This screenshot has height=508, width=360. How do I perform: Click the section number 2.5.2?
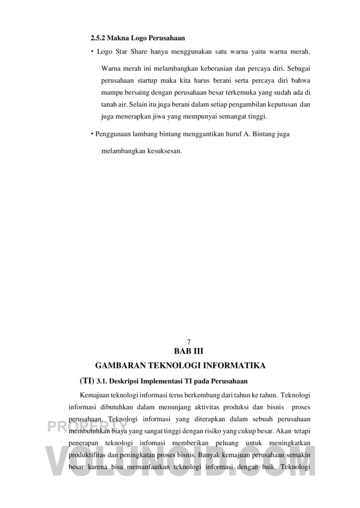[x=97, y=38]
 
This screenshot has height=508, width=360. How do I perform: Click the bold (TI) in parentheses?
[x=86, y=381]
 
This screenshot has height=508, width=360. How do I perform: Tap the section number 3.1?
[x=102, y=381]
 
